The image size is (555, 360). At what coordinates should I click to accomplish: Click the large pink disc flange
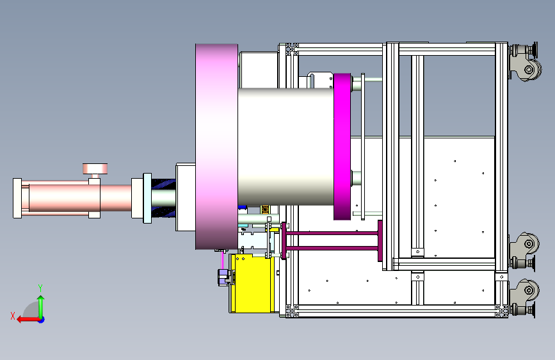coord(216,147)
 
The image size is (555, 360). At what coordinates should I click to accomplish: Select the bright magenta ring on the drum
coord(342,147)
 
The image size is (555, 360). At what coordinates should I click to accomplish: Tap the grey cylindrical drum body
coord(286,147)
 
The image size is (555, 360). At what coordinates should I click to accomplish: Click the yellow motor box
coord(252,284)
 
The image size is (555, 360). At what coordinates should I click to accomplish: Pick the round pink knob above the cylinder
coord(95,168)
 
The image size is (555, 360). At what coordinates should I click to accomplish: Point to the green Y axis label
coord(40,288)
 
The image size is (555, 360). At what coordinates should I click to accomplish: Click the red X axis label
coord(13,316)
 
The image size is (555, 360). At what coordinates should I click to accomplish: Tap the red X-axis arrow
coord(28,320)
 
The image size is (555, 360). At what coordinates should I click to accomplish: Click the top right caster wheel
coord(526,62)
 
